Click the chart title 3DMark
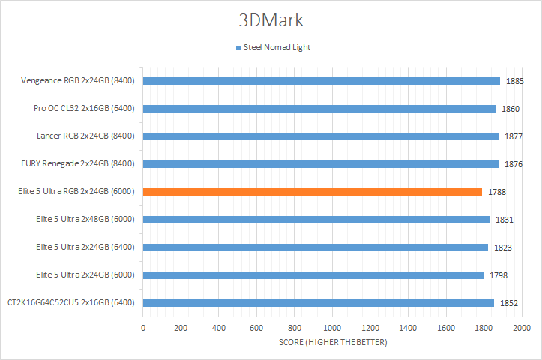click(x=271, y=19)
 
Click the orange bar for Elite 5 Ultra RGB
click(x=312, y=191)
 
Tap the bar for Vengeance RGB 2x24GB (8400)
click(x=321, y=81)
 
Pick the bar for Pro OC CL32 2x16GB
click(x=319, y=109)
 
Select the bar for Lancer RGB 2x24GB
click(x=320, y=136)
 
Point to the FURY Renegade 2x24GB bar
click(x=320, y=163)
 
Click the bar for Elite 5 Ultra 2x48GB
click(x=316, y=219)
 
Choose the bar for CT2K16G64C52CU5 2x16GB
click(x=318, y=302)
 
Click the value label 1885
click(x=515, y=81)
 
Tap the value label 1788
click(x=497, y=192)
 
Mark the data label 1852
click(x=509, y=303)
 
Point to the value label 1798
click(x=499, y=275)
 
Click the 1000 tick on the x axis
click(x=332, y=328)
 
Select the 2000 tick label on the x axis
click(x=522, y=328)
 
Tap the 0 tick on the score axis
click(x=142, y=328)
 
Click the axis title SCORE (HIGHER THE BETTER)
click(x=332, y=342)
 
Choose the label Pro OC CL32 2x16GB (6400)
click(x=84, y=108)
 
